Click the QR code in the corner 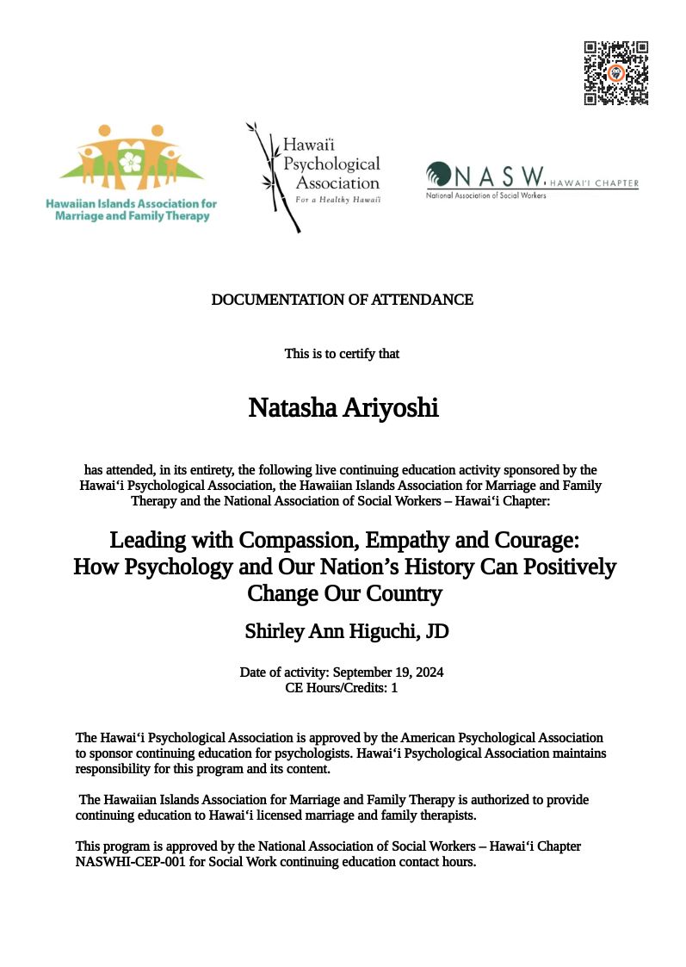(616, 72)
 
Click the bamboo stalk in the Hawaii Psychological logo (274, 177)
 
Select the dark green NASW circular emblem (439, 175)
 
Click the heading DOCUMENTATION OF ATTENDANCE (343, 300)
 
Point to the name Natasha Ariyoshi (343, 407)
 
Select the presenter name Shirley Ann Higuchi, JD (347, 631)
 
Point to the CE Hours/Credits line (342, 688)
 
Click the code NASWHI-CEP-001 (122, 862)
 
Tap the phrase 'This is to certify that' (342, 353)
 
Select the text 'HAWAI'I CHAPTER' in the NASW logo (594, 183)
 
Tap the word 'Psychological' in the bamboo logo (332, 164)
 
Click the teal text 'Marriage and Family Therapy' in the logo (133, 216)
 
